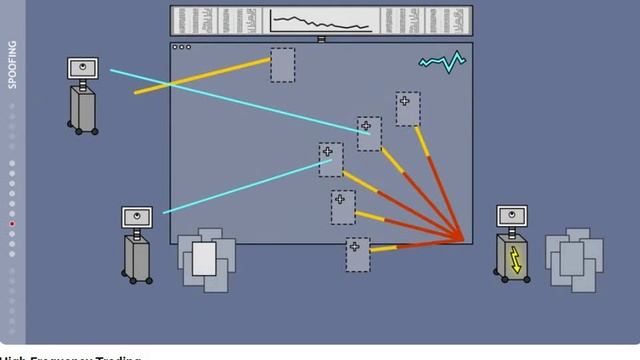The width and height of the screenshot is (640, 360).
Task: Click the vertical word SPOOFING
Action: pos(13,65)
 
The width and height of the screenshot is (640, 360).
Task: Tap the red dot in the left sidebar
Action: pos(12,224)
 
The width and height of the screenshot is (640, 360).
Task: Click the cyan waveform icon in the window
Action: pos(441,63)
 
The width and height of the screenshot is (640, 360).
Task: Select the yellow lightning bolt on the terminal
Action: pos(516,259)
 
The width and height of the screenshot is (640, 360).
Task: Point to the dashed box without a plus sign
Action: pos(282,65)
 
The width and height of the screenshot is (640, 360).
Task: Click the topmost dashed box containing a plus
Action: pos(407,108)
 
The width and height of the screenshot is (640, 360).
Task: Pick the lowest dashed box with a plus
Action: pos(358,254)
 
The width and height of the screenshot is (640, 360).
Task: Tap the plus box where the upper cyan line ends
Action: pos(369,133)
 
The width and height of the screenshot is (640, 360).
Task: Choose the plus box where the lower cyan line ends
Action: pos(330,159)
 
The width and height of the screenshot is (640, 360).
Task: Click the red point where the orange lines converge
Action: pos(462,240)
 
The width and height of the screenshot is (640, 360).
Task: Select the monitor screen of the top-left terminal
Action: pos(84,68)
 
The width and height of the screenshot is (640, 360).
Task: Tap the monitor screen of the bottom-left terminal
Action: pos(138,216)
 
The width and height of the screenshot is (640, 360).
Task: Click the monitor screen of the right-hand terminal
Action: pos(512,215)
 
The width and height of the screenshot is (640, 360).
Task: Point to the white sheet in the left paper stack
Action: pos(204,258)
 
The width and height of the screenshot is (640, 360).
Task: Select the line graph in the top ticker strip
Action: pos(321,21)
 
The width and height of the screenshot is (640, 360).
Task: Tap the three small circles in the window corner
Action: pos(181,47)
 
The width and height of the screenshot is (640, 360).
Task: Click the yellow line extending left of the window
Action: pos(152,88)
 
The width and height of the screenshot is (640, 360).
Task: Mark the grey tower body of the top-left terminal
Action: pos(83,105)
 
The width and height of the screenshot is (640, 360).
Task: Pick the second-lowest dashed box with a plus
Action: pos(343,206)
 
